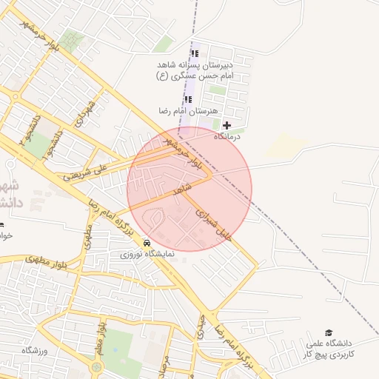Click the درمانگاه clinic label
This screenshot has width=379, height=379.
(x=229, y=137)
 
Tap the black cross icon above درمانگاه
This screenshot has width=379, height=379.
(x=227, y=125)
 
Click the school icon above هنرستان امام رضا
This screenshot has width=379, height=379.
(x=188, y=99)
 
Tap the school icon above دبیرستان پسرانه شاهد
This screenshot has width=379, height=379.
(x=195, y=53)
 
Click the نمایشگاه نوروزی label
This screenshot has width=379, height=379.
(x=148, y=253)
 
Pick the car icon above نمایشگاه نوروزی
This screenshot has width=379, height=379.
(x=147, y=242)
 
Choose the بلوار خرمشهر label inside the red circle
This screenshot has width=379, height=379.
(x=182, y=152)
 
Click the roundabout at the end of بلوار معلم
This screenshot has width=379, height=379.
(x=97, y=367)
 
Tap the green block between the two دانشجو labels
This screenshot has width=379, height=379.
(x=37, y=146)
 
